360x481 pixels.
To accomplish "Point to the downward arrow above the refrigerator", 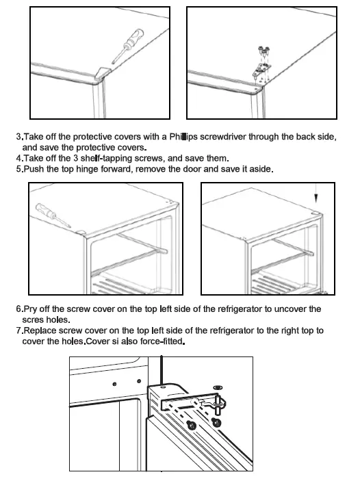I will [x=316, y=194].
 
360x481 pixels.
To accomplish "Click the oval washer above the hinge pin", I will [x=218, y=388].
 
